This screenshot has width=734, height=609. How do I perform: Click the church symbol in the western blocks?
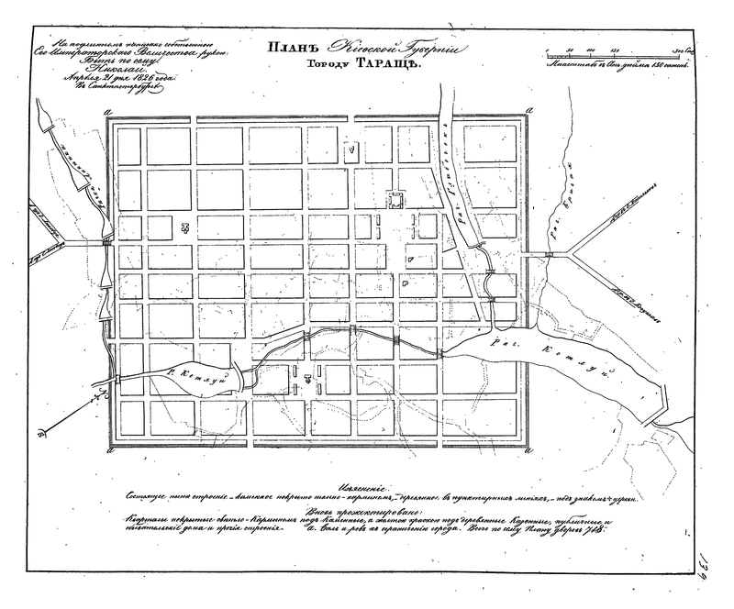point(186,227)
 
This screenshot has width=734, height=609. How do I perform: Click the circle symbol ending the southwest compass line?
point(43,435)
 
